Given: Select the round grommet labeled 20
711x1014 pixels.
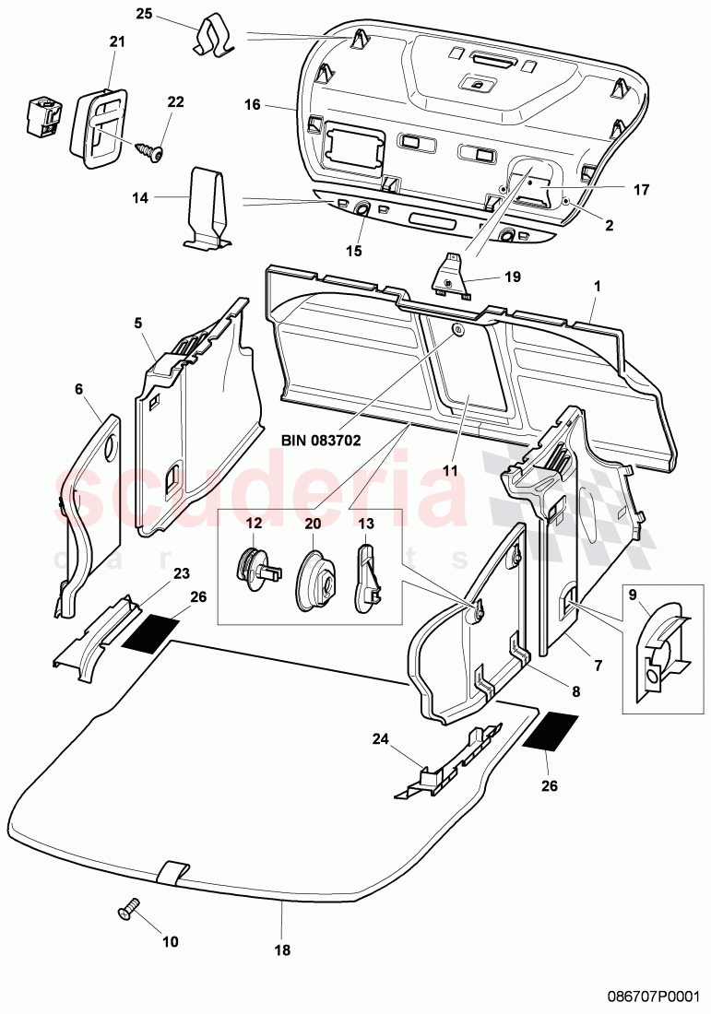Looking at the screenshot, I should click(314, 581).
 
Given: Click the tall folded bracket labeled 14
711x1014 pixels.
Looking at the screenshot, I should click(206, 208).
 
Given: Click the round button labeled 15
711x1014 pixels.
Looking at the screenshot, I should click(361, 210).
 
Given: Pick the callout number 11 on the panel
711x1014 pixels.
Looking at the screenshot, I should click(449, 469).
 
